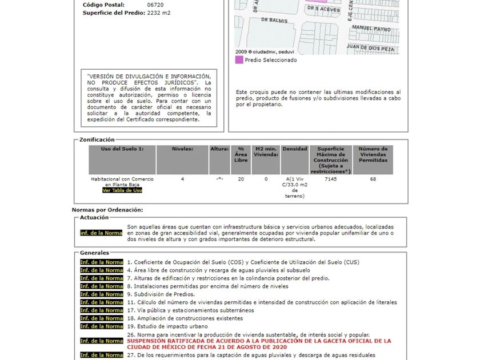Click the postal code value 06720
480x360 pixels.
155,5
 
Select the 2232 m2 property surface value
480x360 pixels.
158,13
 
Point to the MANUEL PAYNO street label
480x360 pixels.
371,28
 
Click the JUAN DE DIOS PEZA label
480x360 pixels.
371,49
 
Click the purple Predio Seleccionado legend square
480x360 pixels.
239,59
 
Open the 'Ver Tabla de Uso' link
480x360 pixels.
122,190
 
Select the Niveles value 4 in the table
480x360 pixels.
183,179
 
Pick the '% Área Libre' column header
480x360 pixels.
241,154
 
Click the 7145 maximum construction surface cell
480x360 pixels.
330,179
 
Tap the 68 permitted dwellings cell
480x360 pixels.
373,179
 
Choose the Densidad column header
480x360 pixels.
295,149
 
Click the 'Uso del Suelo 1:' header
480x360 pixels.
122,149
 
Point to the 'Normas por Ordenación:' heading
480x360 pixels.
107,210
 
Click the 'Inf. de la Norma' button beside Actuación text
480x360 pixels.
101,233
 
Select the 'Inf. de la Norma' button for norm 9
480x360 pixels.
101,294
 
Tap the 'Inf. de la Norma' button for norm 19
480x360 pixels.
101,326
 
